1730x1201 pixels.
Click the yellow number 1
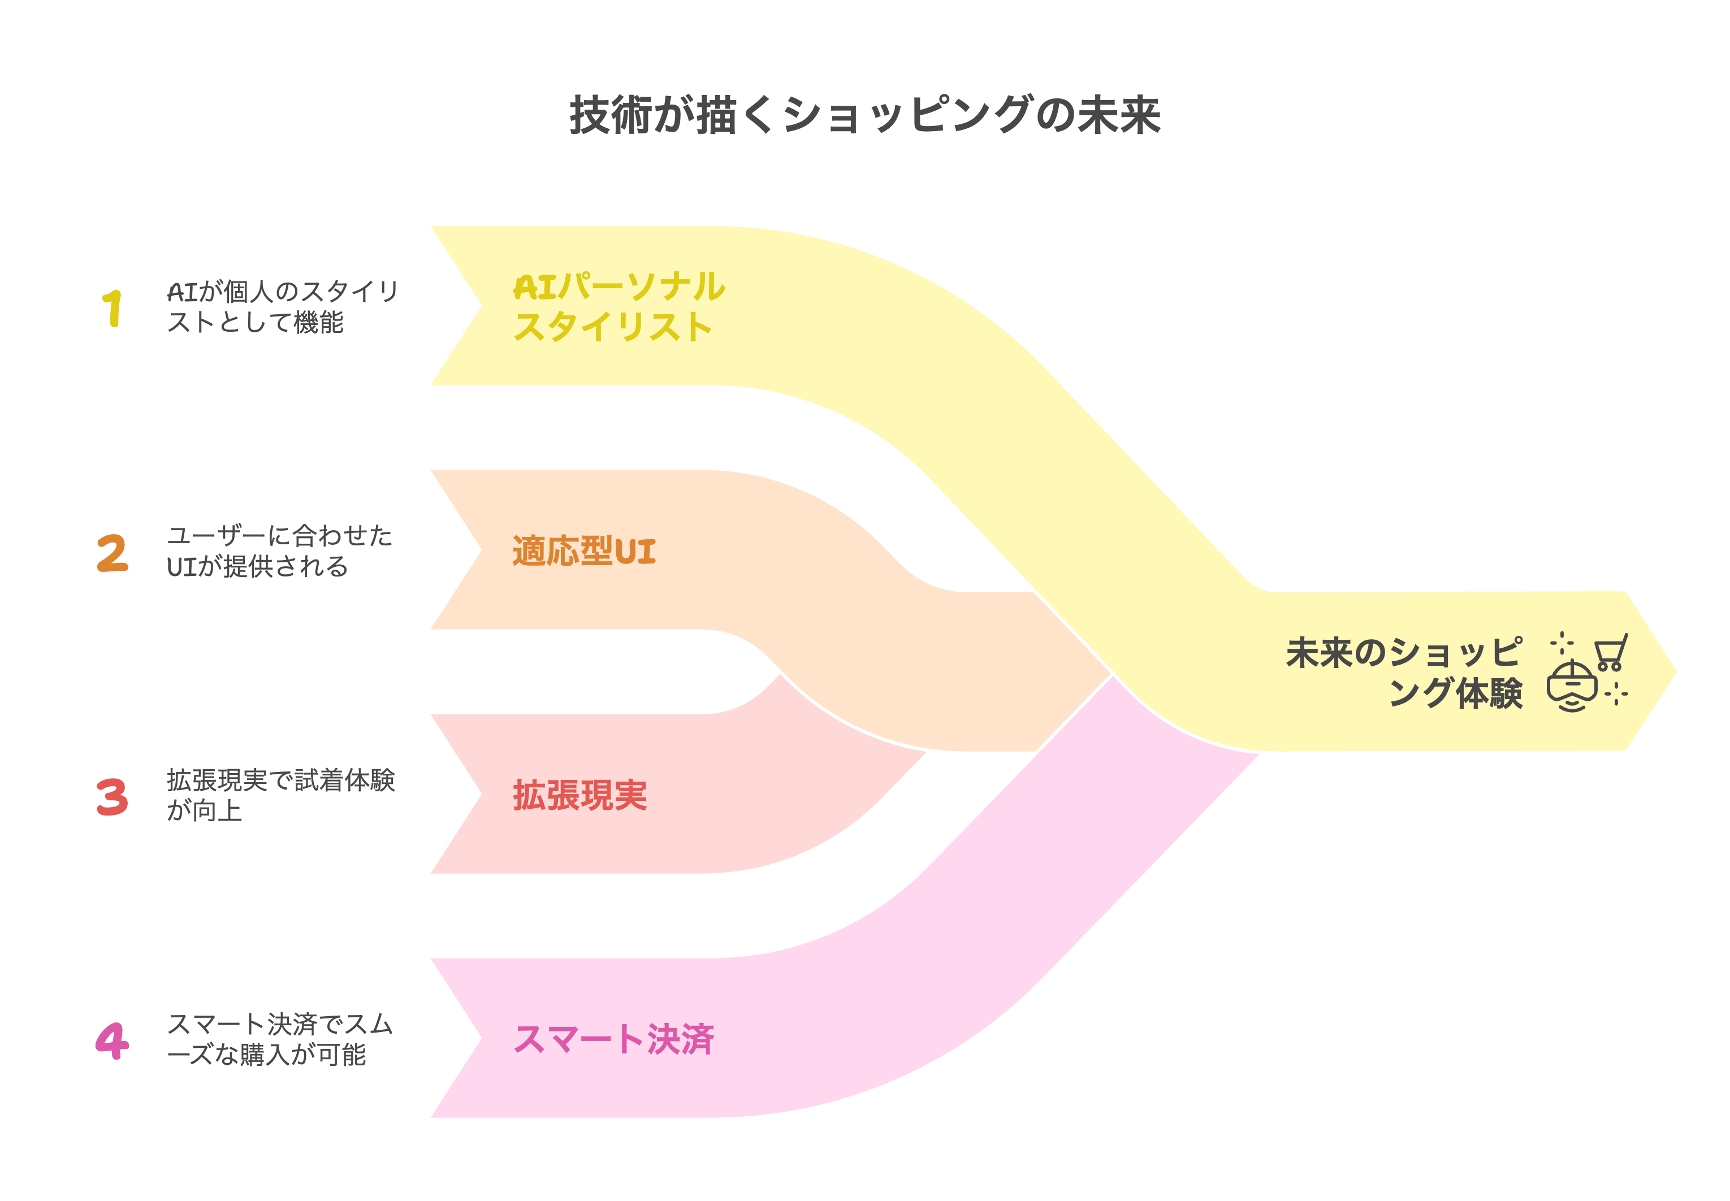pyautogui.click(x=112, y=309)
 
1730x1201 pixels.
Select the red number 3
pyautogui.click(x=112, y=797)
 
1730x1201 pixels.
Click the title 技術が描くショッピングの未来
pyautogui.click(x=864, y=116)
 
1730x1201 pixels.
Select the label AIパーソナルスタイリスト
pyautogui.click(x=617, y=307)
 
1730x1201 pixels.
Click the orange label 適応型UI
pyautogui.click(x=583, y=551)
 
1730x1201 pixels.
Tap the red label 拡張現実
pyautogui.click(x=579, y=795)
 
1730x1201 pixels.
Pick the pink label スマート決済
pyautogui.click(x=613, y=1039)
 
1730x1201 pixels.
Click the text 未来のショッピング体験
pyautogui.click(x=1403, y=672)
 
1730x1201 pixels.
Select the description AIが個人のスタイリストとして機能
pyautogui.click(x=282, y=307)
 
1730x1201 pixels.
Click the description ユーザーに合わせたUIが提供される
pyautogui.click(x=279, y=551)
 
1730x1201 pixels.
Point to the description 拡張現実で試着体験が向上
pyautogui.click(x=280, y=795)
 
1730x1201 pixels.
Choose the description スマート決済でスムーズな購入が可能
pyautogui.click(x=279, y=1039)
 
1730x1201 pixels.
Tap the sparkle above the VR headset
pyautogui.click(x=1562, y=643)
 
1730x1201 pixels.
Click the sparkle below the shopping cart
pyautogui.click(x=1616, y=695)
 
